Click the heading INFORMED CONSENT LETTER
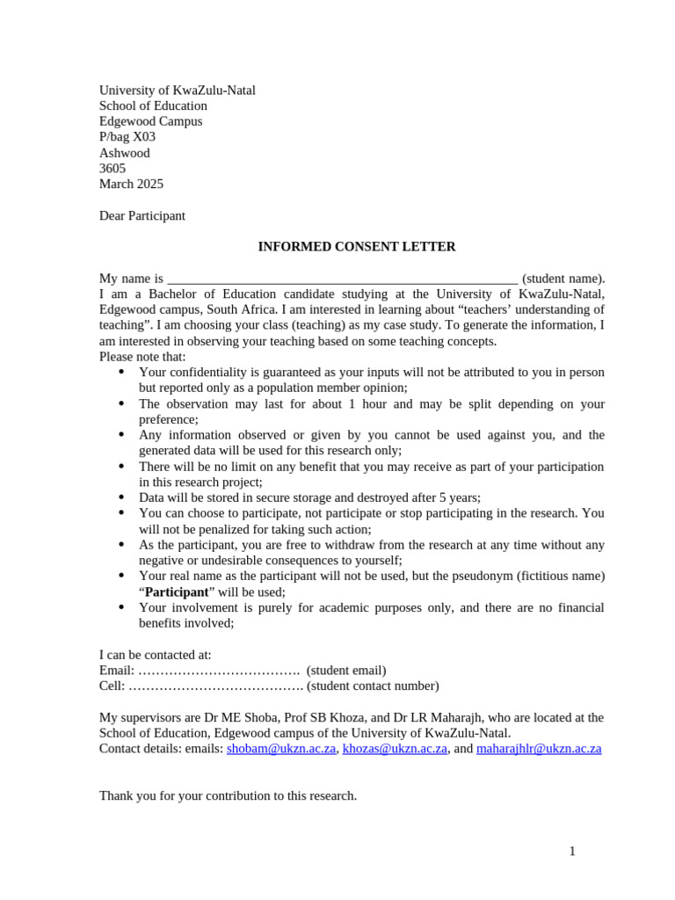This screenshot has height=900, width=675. [356, 247]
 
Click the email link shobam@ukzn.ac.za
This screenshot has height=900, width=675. [281, 749]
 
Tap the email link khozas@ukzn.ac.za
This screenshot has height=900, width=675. [395, 749]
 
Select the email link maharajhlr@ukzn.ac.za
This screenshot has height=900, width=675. [539, 749]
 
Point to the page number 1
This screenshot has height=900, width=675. [572, 851]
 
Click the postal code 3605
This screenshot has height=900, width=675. [112, 169]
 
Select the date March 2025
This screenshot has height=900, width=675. [131, 185]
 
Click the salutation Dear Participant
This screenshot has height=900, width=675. [142, 216]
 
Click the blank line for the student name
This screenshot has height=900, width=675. [343, 279]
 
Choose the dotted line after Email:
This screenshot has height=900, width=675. [220, 671]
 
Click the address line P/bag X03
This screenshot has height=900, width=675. [127, 137]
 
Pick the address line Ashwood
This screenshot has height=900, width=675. [125, 153]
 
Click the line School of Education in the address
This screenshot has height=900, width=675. [153, 106]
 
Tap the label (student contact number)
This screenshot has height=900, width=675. [373, 686]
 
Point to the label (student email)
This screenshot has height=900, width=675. [346, 671]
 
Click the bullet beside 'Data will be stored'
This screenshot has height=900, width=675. [120, 497]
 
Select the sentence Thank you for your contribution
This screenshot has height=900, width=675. [228, 796]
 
